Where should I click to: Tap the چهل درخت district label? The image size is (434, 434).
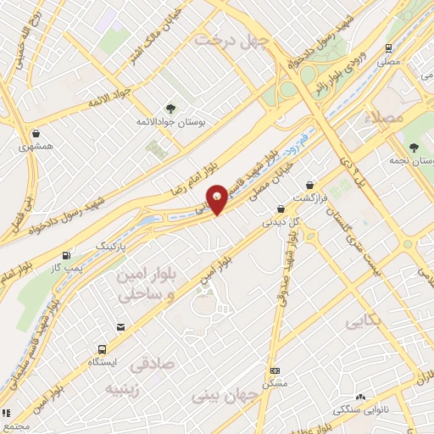[231, 40]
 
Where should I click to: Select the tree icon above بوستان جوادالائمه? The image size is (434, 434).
[171, 108]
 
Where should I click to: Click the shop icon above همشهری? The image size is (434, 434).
[36, 133]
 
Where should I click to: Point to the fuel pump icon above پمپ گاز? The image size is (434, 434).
[67, 255]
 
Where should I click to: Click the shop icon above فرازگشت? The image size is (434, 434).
[310, 185]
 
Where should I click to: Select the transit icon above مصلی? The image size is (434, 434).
[388, 48]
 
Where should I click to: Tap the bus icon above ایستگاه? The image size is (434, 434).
[103, 348]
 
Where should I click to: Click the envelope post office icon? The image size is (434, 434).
[120, 326]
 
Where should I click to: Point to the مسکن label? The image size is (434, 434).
[275, 383]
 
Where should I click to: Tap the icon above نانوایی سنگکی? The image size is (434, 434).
[361, 396]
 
